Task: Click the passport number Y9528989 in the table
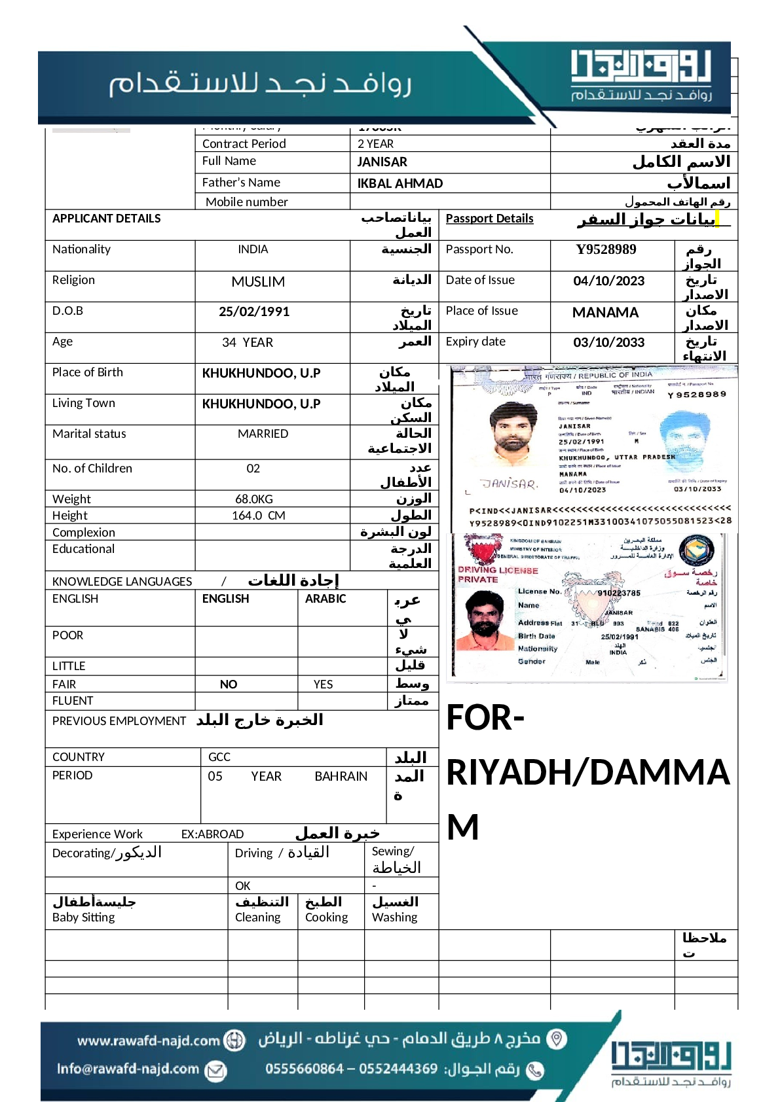click(606, 249)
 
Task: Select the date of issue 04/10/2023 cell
click(608, 281)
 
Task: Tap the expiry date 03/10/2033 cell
click(608, 342)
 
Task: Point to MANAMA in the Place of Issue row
click(605, 312)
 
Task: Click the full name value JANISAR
click(382, 162)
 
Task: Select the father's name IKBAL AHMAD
click(400, 183)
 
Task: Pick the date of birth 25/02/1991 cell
click(254, 311)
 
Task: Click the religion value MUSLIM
click(258, 281)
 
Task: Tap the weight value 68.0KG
click(254, 499)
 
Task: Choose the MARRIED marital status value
click(263, 434)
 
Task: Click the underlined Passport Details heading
click(489, 219)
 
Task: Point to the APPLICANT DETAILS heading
click(106, 219)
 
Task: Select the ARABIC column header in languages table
click(325, 599)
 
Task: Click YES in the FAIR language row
click(323, 684)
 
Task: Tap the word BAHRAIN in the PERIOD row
click(341, 776)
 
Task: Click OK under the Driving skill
click(242, 886)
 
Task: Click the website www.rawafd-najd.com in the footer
click(149, 1040)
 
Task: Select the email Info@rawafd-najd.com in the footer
click(128, 1069)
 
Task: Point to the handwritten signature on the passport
click(509, 484)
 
